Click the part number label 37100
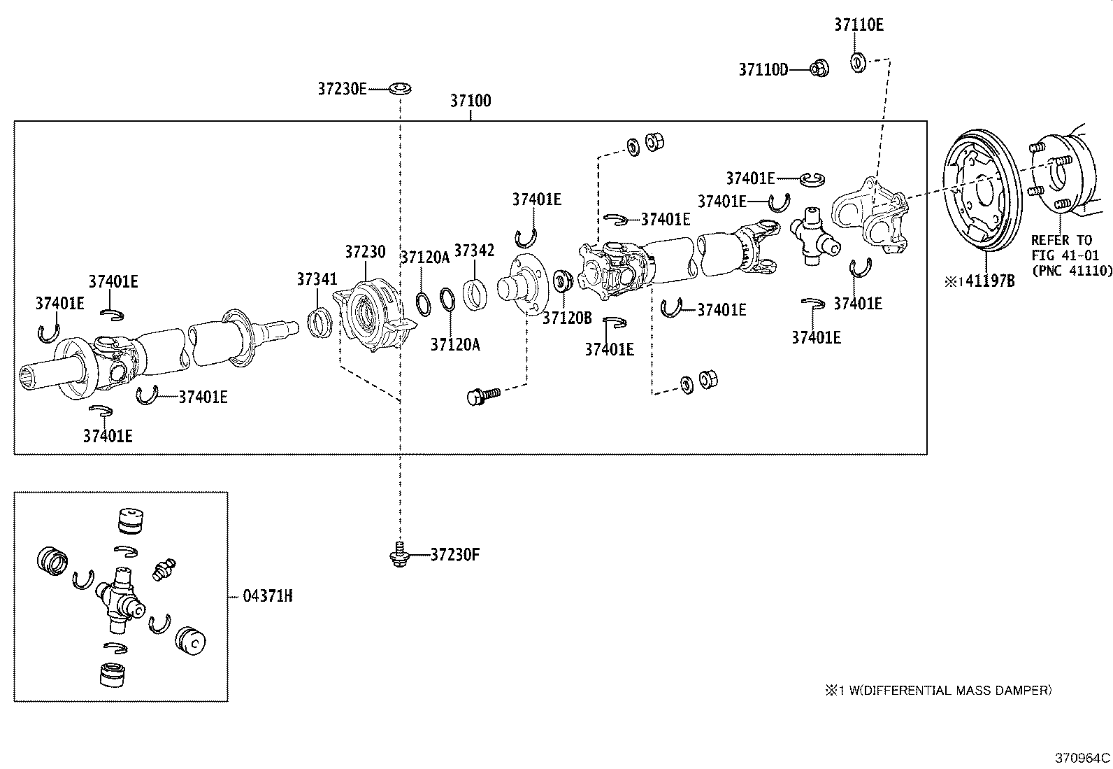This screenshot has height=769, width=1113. pyautogui.click(x=470, y=101)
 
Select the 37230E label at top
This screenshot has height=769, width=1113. pyautogui.click(x=342, y=89)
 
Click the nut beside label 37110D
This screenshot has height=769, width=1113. pyautogui.click(x=819, y=69)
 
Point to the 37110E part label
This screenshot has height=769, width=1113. pyautogui.click(x=859, y=25)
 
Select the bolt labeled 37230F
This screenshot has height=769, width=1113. pyautogui.click(x=398, y=554)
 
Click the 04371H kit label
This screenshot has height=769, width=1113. pyautogui.click(x=268, y=596)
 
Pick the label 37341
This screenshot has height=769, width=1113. pyautogui.click(x=317, y=279)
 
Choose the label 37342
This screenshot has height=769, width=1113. pyautogui.click(x=474, y=251)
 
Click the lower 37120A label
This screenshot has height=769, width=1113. pyautogui.click(x=455, y=344)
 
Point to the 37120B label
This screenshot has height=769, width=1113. pyautogui.click(x=567, y=318)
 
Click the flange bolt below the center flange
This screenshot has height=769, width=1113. pyautogui.click(x=483, y=396)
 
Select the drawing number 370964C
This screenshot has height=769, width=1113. pyautogui.click(x=1082, y=758)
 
